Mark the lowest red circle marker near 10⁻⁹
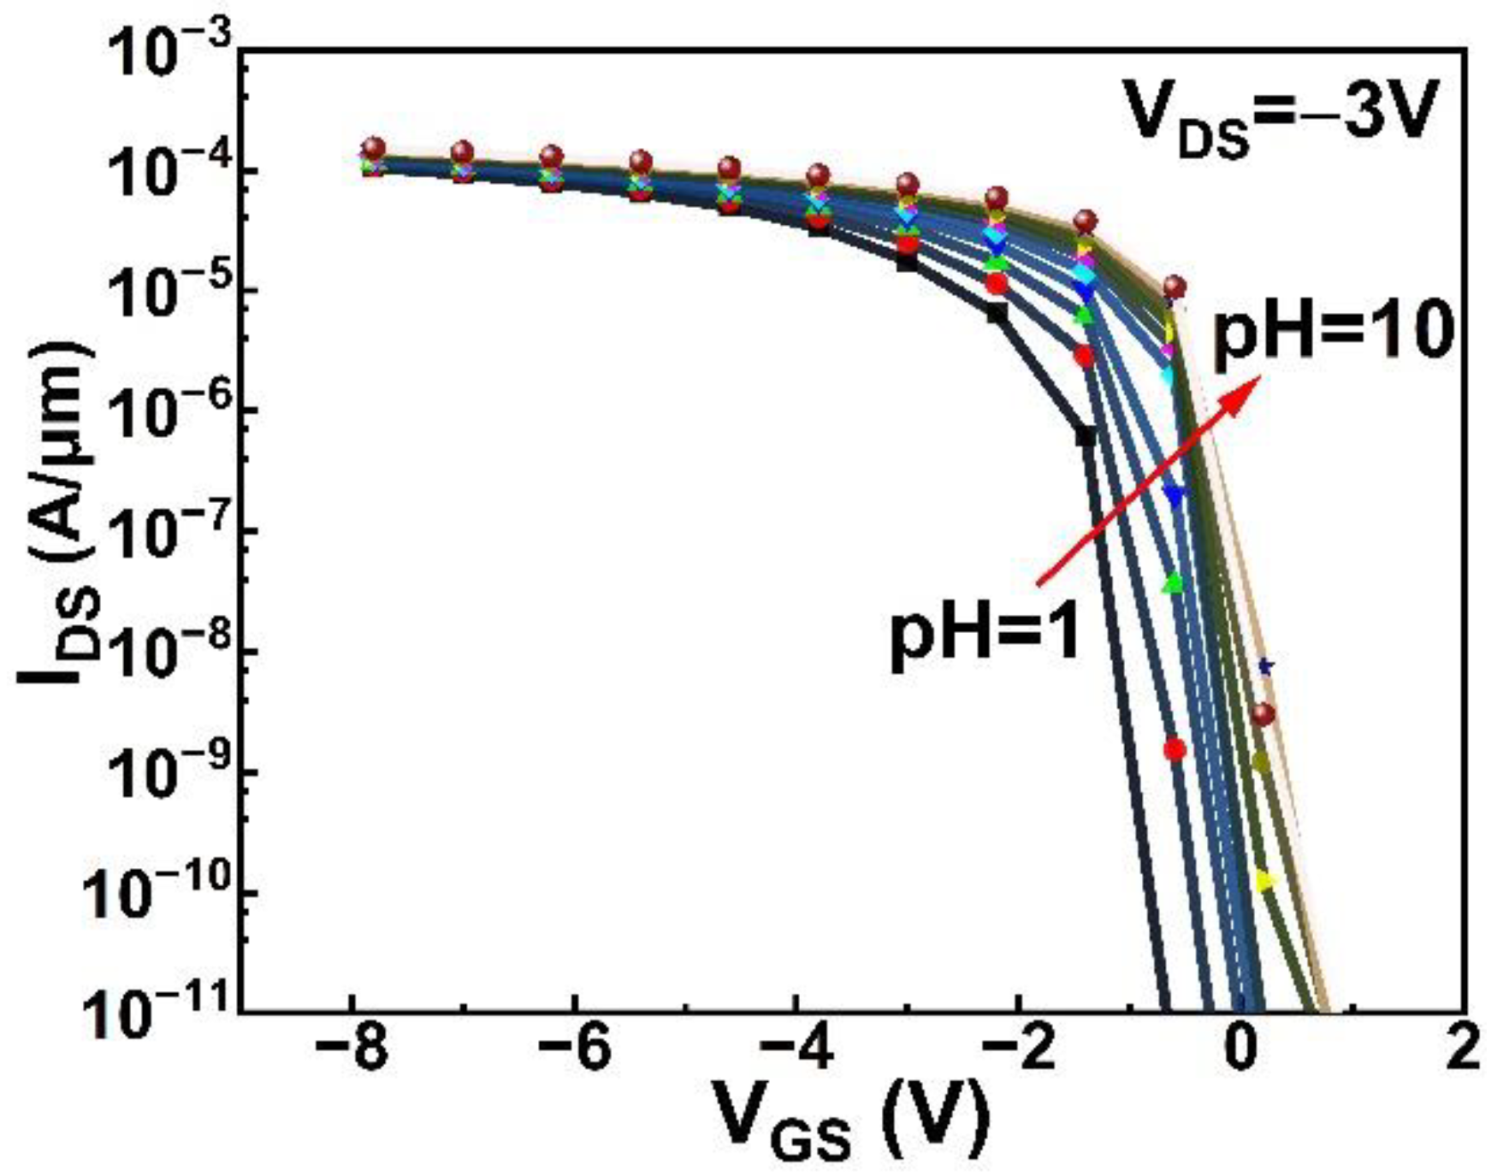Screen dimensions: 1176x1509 tap(1175, 749)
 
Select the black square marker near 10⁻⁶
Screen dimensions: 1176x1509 tap(1086, 435)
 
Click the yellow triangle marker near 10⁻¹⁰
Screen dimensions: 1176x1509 tap(1264, 881)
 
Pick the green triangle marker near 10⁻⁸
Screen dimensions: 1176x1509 tap(1174, 584)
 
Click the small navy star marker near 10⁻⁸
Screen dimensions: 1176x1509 tap(1265, 665)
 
